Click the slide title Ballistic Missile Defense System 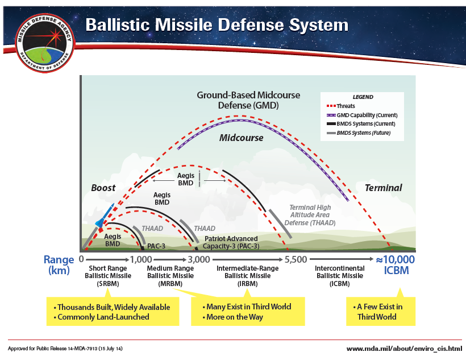216,25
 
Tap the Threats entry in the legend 346,106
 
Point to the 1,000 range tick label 141,259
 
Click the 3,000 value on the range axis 198,259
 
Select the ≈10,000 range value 396,259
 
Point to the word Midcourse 242,138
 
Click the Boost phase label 103,188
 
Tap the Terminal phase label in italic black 383,188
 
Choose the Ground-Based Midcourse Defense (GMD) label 248,100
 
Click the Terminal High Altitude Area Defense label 310,216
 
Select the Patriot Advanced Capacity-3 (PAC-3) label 231,242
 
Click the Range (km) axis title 59,264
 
